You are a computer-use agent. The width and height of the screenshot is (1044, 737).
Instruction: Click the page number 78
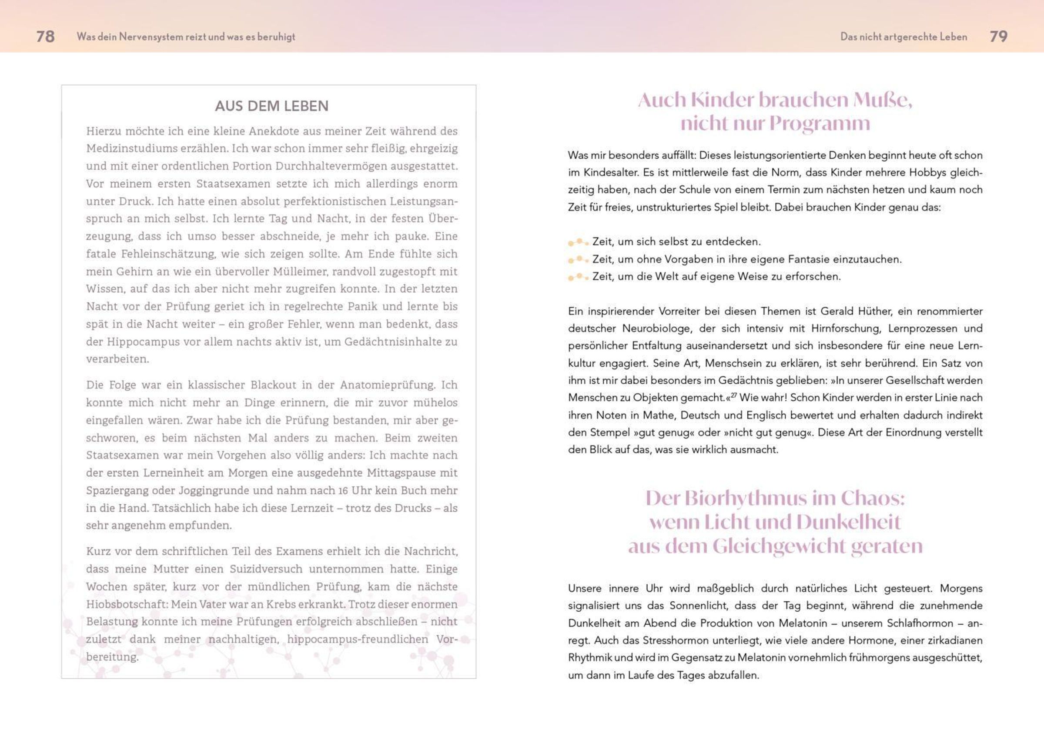(x=46, y=37)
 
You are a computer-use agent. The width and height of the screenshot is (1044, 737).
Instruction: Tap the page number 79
(x=998, y=37)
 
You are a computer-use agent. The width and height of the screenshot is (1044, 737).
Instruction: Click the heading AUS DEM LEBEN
(x=271, y=106)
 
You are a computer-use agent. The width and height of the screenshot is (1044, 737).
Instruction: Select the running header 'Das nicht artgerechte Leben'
(x=903, y=37)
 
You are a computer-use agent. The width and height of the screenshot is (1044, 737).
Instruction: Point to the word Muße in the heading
(x=883, y=100)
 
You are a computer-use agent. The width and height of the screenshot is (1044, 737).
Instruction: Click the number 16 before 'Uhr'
(x=343, y=491)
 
